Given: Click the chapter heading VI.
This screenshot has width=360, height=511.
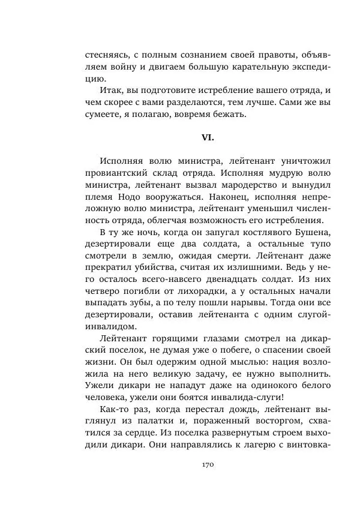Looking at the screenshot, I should (208, 137).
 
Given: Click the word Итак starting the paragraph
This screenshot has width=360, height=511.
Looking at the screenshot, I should (112, 90).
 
